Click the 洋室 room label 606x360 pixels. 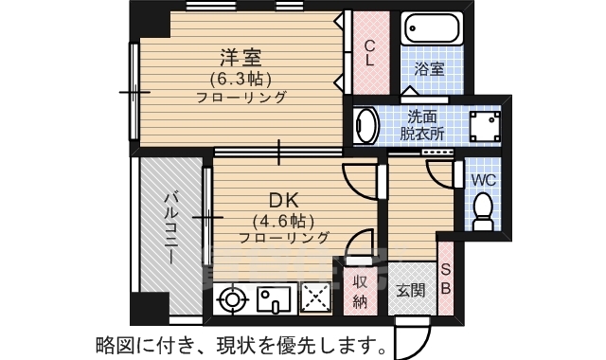point(241,58)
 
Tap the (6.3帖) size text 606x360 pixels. point(241,80)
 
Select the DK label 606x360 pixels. point(284,201)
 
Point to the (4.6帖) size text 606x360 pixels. point(283,222)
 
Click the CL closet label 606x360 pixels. point(370,53)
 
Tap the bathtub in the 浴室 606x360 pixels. point(432,28)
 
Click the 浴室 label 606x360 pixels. point(429,69)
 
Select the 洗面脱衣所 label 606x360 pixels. point(422,125)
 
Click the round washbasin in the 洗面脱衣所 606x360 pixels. point(366,125)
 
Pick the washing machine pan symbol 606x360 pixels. point(485,126)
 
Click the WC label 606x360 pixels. point(483,180)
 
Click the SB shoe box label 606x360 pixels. point(446,279)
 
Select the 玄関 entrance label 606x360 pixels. point(412,290)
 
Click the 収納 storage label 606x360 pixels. point(360,292)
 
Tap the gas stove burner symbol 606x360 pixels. point(232,299)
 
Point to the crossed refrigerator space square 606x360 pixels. point(316,298)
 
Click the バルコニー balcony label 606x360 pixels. point(171,228)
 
